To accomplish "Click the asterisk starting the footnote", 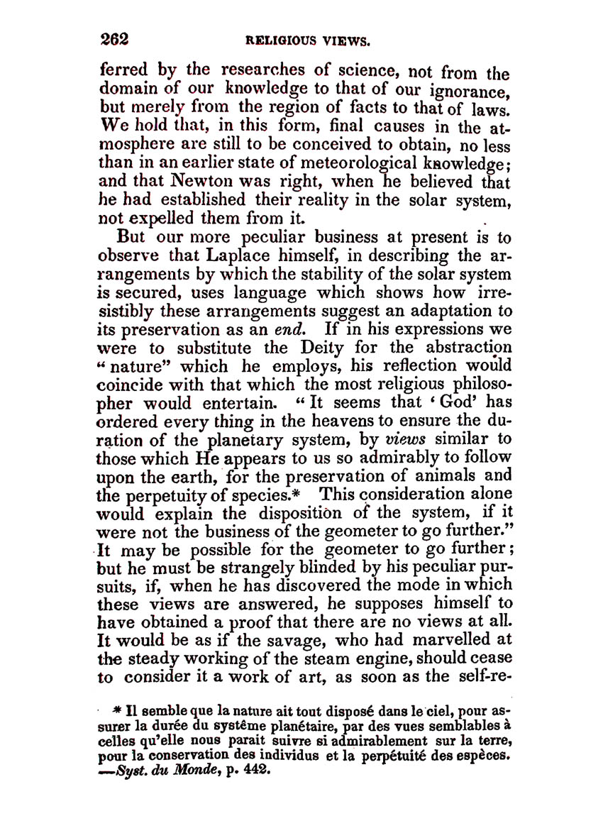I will point(117,710).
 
